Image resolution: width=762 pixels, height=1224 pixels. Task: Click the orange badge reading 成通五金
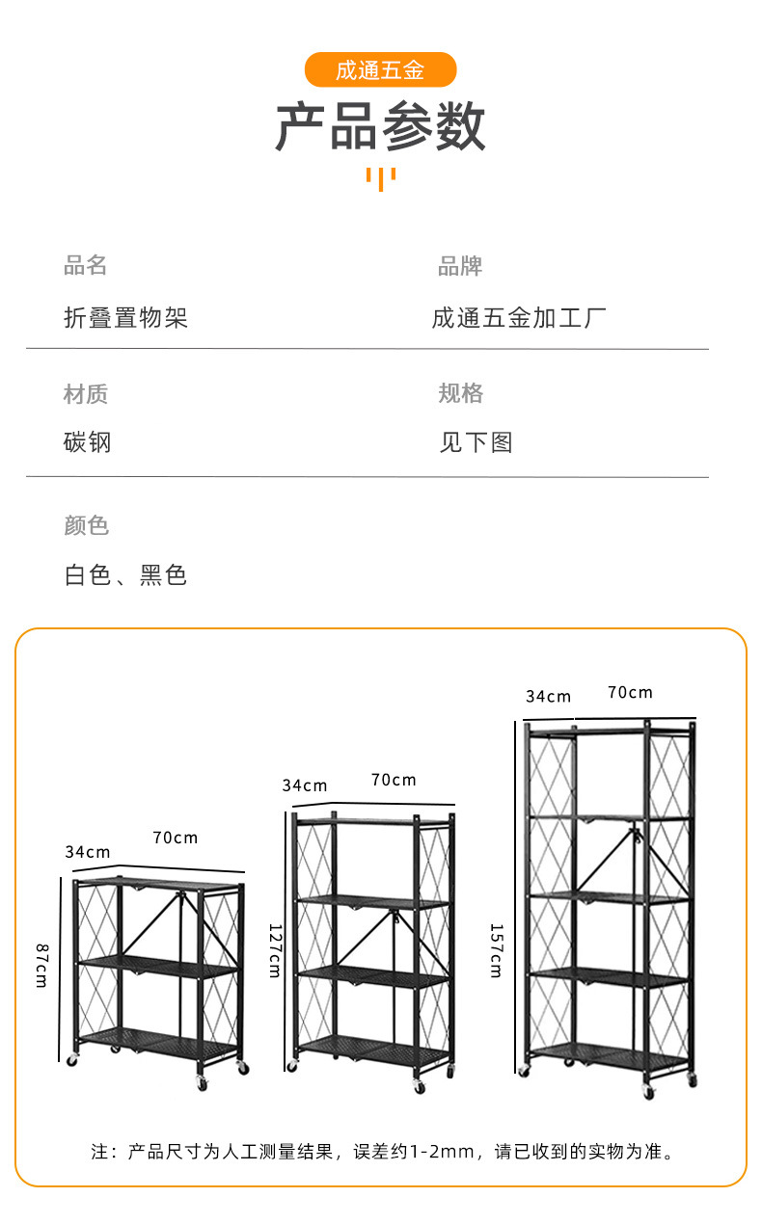click(380, 70)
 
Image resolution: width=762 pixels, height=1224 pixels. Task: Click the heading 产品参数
click(380, 126)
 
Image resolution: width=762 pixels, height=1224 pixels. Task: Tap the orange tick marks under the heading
click(380, 178)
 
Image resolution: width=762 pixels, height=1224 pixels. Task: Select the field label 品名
click(85, 266)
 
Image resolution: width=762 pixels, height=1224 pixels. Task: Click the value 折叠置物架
click(125, 318)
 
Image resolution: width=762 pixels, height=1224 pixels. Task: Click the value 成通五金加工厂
click(519, 318)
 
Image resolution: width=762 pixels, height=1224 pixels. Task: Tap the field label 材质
click(85, 393)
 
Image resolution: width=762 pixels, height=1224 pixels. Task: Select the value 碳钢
click(88, 442)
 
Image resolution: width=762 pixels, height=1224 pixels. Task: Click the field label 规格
click(460, 393)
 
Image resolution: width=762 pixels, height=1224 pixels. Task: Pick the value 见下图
click(476, 442)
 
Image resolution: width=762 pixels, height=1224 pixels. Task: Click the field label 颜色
click(86, 525)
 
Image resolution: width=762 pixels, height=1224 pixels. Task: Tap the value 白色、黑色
click(125, 575)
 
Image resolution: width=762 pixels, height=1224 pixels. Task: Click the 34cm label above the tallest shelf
click(548, 696)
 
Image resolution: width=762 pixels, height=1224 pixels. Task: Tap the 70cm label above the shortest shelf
click(175, 838)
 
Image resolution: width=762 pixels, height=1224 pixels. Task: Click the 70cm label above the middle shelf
click(394, 780)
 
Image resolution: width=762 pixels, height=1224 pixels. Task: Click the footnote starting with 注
click(382, 1151)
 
